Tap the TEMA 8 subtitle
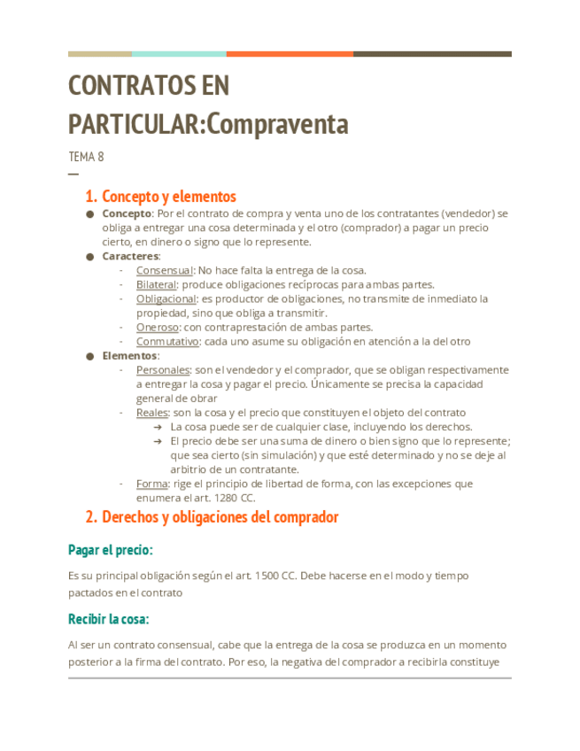point(86,157)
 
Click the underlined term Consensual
point(164,270)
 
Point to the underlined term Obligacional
point(166,298)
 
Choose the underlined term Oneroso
point(157,327)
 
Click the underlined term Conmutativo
point(167,341)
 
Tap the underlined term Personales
point(163,369)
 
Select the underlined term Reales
point(151,412)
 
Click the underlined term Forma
point(151,484)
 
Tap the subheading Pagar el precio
point(111,550)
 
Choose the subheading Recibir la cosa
point(109,618)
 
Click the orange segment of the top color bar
point(290,54)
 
